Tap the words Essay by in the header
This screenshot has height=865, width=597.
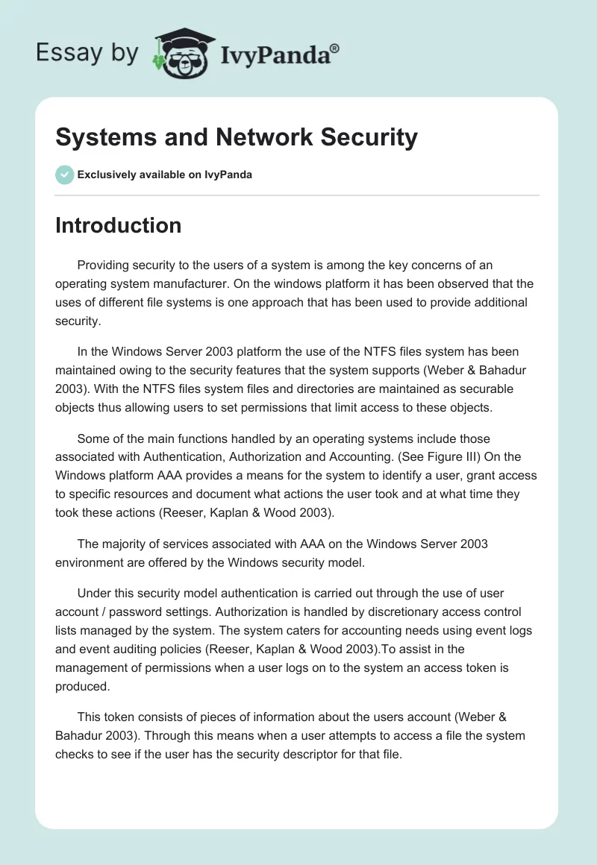(87, 54)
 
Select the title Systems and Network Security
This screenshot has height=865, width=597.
(237, 137)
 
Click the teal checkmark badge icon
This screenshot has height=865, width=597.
(64, 174)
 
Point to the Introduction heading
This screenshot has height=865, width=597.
(118, 225)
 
